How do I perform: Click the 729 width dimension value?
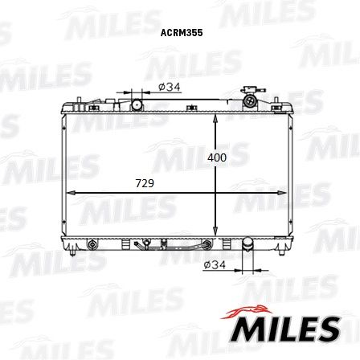144,184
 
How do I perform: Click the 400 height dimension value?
216,157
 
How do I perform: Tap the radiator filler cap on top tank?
252,100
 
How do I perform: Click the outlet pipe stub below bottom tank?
247,251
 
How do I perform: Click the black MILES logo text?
285,327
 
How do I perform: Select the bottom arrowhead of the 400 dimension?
216,231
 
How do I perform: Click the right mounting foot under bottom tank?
283,250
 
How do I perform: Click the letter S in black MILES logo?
328,328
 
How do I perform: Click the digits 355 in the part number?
194,35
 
